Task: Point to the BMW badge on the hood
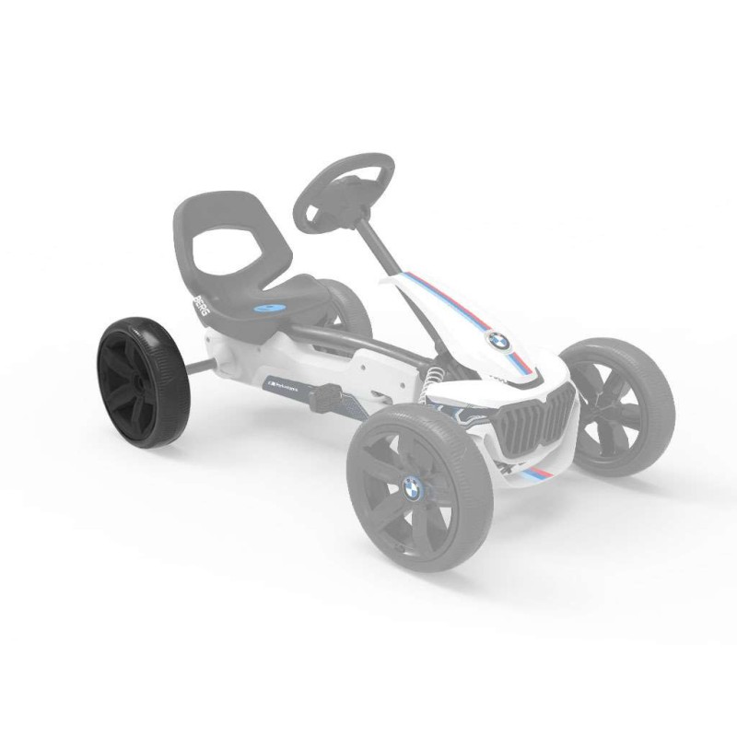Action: coord(497,341)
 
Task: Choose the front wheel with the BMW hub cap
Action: coord(419,488)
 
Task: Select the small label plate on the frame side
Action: coord(282,379)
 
